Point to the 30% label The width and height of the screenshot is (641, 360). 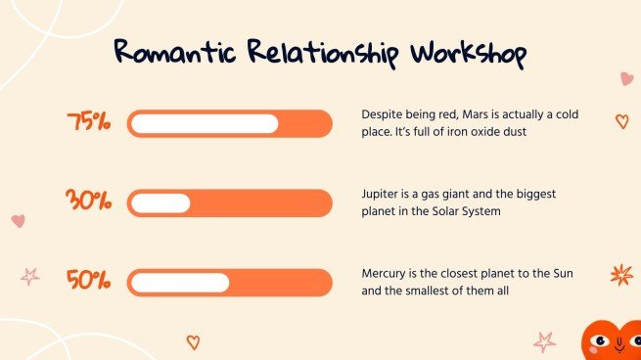click(89, 202)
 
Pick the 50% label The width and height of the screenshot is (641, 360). click(89, 282)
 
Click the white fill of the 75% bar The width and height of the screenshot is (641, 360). click(204, 124)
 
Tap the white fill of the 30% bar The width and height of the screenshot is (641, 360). click(160, 203)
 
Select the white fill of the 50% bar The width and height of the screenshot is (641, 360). click(180, 283)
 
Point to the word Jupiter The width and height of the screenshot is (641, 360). click(382, 194)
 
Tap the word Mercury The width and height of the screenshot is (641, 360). click(386, 273)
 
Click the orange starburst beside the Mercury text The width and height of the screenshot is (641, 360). click(621, 275)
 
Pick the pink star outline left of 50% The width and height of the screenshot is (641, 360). click(30, 276)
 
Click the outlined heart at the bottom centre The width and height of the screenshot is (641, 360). click(193, 342)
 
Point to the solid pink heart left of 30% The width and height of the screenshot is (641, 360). click(18, 221)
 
